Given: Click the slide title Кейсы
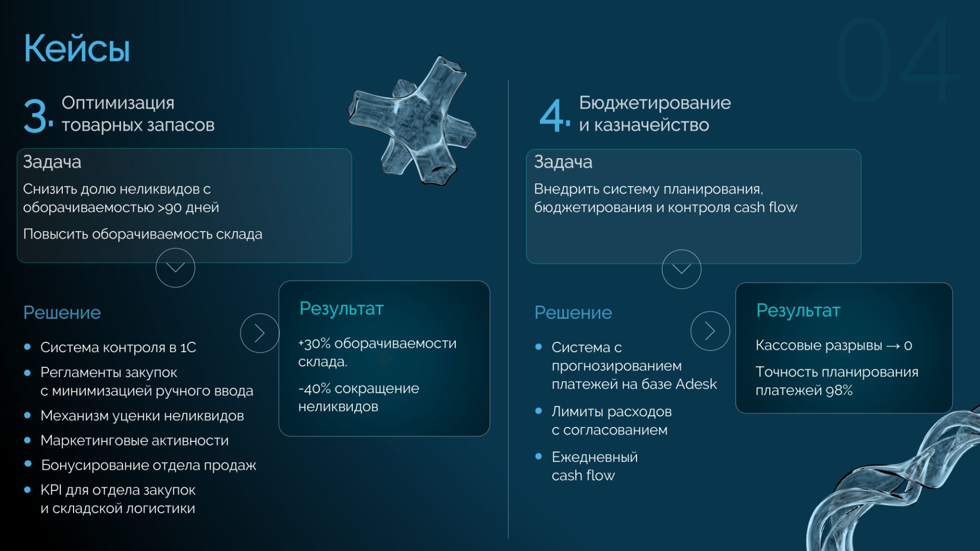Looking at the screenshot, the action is (x=77, y=49).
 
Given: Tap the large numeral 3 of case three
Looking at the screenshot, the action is (x=36, y=116).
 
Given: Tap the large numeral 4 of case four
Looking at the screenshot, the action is (x=552, y=116).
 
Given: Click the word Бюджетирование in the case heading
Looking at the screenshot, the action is (x=655, y=103).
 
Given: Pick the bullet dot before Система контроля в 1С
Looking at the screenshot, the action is (x=28, y=347).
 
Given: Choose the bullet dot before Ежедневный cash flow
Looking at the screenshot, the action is (x=538, y=456).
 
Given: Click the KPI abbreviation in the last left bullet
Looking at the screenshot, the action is (x=51, y=490).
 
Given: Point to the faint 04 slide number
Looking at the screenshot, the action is (x=897, y=60).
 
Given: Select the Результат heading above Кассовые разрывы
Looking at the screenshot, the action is (x=798, y=311).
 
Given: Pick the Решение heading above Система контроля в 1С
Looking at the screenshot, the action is (x=62, y=313).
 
